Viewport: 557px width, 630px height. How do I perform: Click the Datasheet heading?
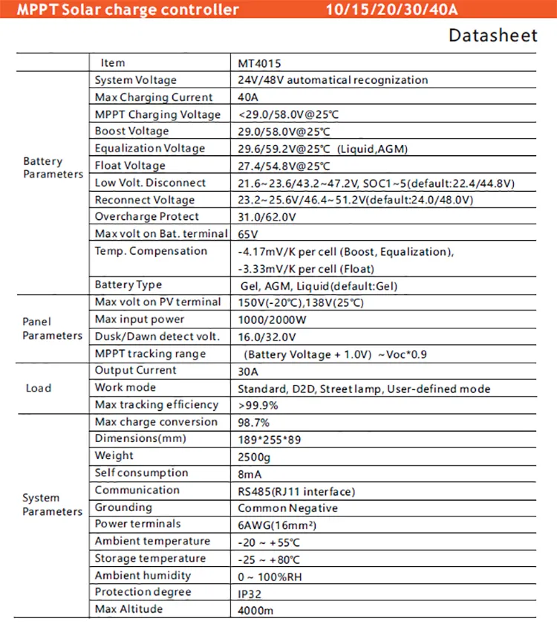pyautogui.click(x=492, y=36)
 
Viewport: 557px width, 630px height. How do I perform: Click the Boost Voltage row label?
pyautogui.click(x=131, y=131)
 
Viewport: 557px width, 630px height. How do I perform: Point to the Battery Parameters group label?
pyautogui.click(x=53, y=168)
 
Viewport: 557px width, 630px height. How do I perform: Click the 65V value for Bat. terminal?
pyautogui.click(x=248, y=234)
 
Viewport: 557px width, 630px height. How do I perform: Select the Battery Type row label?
pyautogui.click(x=128, y=285)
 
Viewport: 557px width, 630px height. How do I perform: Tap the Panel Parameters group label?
pyautogui.click(x=52, y=328)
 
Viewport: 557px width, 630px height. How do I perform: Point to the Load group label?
pyautogui.click(x=39, y=388)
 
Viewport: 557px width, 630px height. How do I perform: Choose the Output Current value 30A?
pyautogui.click(x=248, y=371)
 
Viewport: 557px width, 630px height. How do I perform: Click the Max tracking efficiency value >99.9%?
pyautogui.click(x=258, y=406)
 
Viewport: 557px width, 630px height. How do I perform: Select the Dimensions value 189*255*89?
pyautogui.click(x=270, y=439)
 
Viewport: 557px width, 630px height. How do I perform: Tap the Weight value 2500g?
pyautogui.click(x=254, y=456)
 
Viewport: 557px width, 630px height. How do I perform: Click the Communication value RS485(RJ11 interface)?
pyautogui.click(x=296, y=491)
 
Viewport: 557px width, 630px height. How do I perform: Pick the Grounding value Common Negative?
pyautogui.click(x=287, y=508)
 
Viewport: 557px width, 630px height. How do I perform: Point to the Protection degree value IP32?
pyautogui.click(x=250, y=593)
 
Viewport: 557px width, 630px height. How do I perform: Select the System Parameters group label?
pyautogui.click(x=52, y=504)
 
